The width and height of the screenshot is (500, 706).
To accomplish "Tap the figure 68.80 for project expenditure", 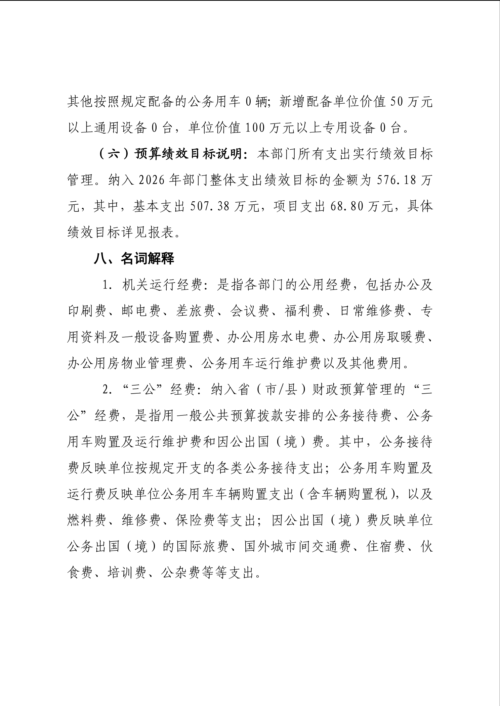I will click(346, 207).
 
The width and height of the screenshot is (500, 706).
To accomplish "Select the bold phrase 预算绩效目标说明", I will click(192, 154).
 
